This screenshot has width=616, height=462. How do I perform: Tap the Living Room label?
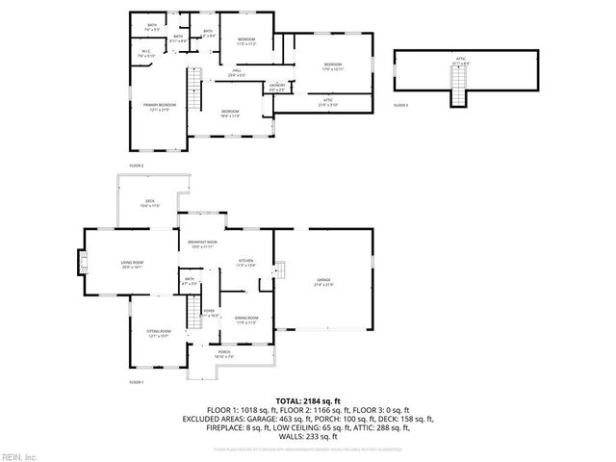pyautogui.click(x=132, y=265)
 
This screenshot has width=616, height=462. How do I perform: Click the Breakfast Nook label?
pyautogui.click(x=204, y=244)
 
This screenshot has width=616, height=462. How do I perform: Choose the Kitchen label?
pyautogui.click(x=246, y=263)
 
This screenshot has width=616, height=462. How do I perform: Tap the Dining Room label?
pyautogui.click(x=246, y=320)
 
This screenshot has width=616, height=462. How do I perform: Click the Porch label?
pyautogui.click(x=223, y=354)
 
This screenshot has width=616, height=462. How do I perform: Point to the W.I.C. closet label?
pyautogui.click(x=146, y=54)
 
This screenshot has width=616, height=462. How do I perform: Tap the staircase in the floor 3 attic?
pyautogui.click(x=459, y=94)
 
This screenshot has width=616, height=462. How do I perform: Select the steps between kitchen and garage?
pyautogui.click(x=281, y=269)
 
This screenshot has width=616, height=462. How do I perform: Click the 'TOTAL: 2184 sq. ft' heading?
pyautogui.click(x=308, y=400)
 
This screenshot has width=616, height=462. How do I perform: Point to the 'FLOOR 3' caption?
pyautogui.click(x=401, y=104)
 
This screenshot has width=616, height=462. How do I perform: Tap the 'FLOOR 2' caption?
pyautogui.click(x=136, y=166)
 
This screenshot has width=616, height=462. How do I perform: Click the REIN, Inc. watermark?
pyautogui.click(x=18, y=455)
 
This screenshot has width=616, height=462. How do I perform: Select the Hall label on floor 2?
pyautogui.click(x=236, y=73)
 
